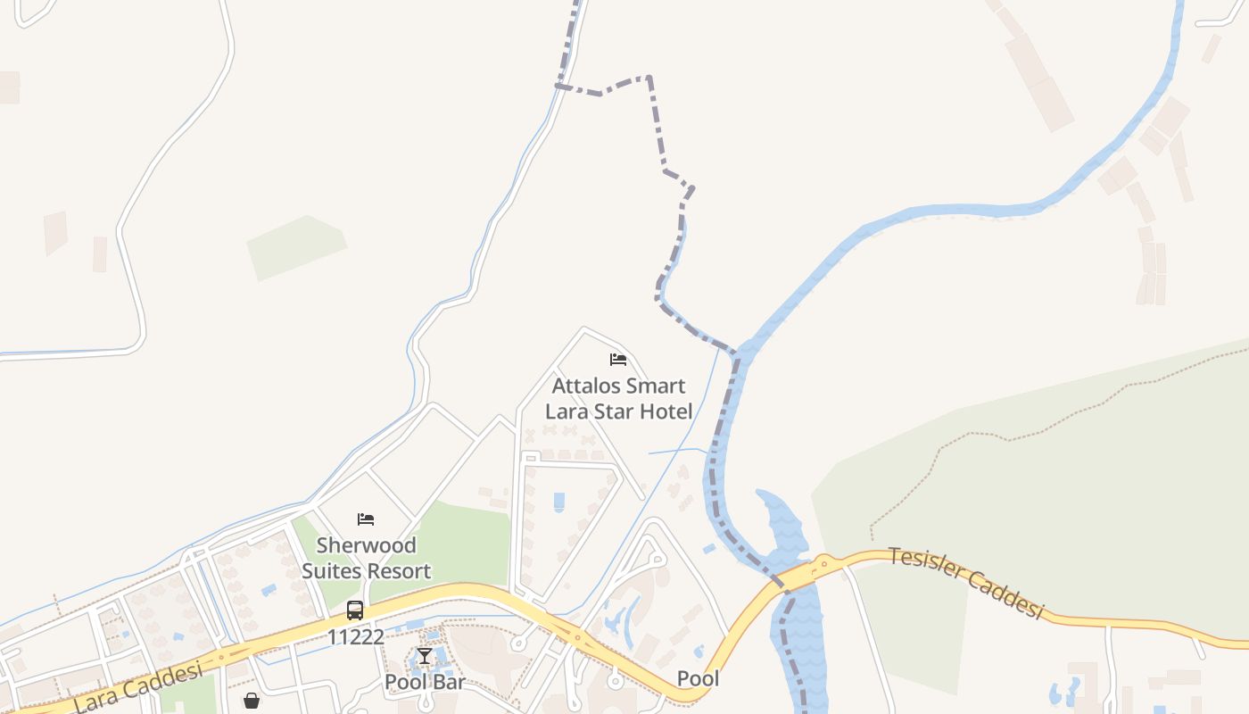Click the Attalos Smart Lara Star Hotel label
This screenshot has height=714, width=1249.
click(x=618, y=399)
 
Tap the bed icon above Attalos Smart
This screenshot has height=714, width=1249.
click(x=618, y=360)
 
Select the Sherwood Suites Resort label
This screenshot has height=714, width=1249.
click(x=366, y=558)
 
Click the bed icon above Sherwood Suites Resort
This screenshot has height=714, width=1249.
click(x=366, y=519)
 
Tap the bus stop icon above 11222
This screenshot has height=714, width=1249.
click(x=355, y=610)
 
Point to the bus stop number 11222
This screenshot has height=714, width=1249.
click(x=355, y=637)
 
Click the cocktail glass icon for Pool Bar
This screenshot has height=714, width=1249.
click(x=425, y=658)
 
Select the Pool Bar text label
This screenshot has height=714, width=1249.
click(x=425, y=682)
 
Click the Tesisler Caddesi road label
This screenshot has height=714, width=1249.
click(x=965, y=583)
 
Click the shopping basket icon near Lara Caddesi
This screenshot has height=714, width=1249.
click(x=252, y=701)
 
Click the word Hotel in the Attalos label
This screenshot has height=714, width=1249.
click(x=666, y=411)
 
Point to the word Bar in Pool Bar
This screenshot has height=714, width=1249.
click(x=449, y=682)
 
